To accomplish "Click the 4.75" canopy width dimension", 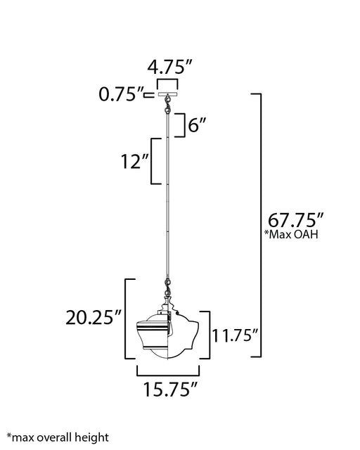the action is tap(169, 67).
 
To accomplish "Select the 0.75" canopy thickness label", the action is tap(121, 94).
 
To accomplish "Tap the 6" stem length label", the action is tap(197, 125).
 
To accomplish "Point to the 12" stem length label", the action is tap(134, 161).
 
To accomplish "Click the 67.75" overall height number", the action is tap(296, 220).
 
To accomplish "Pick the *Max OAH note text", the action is tap(291, 234).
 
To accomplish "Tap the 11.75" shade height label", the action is tap(235, 335).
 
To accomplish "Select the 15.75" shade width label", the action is tap(171, 390).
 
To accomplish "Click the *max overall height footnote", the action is tap(58, 438).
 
